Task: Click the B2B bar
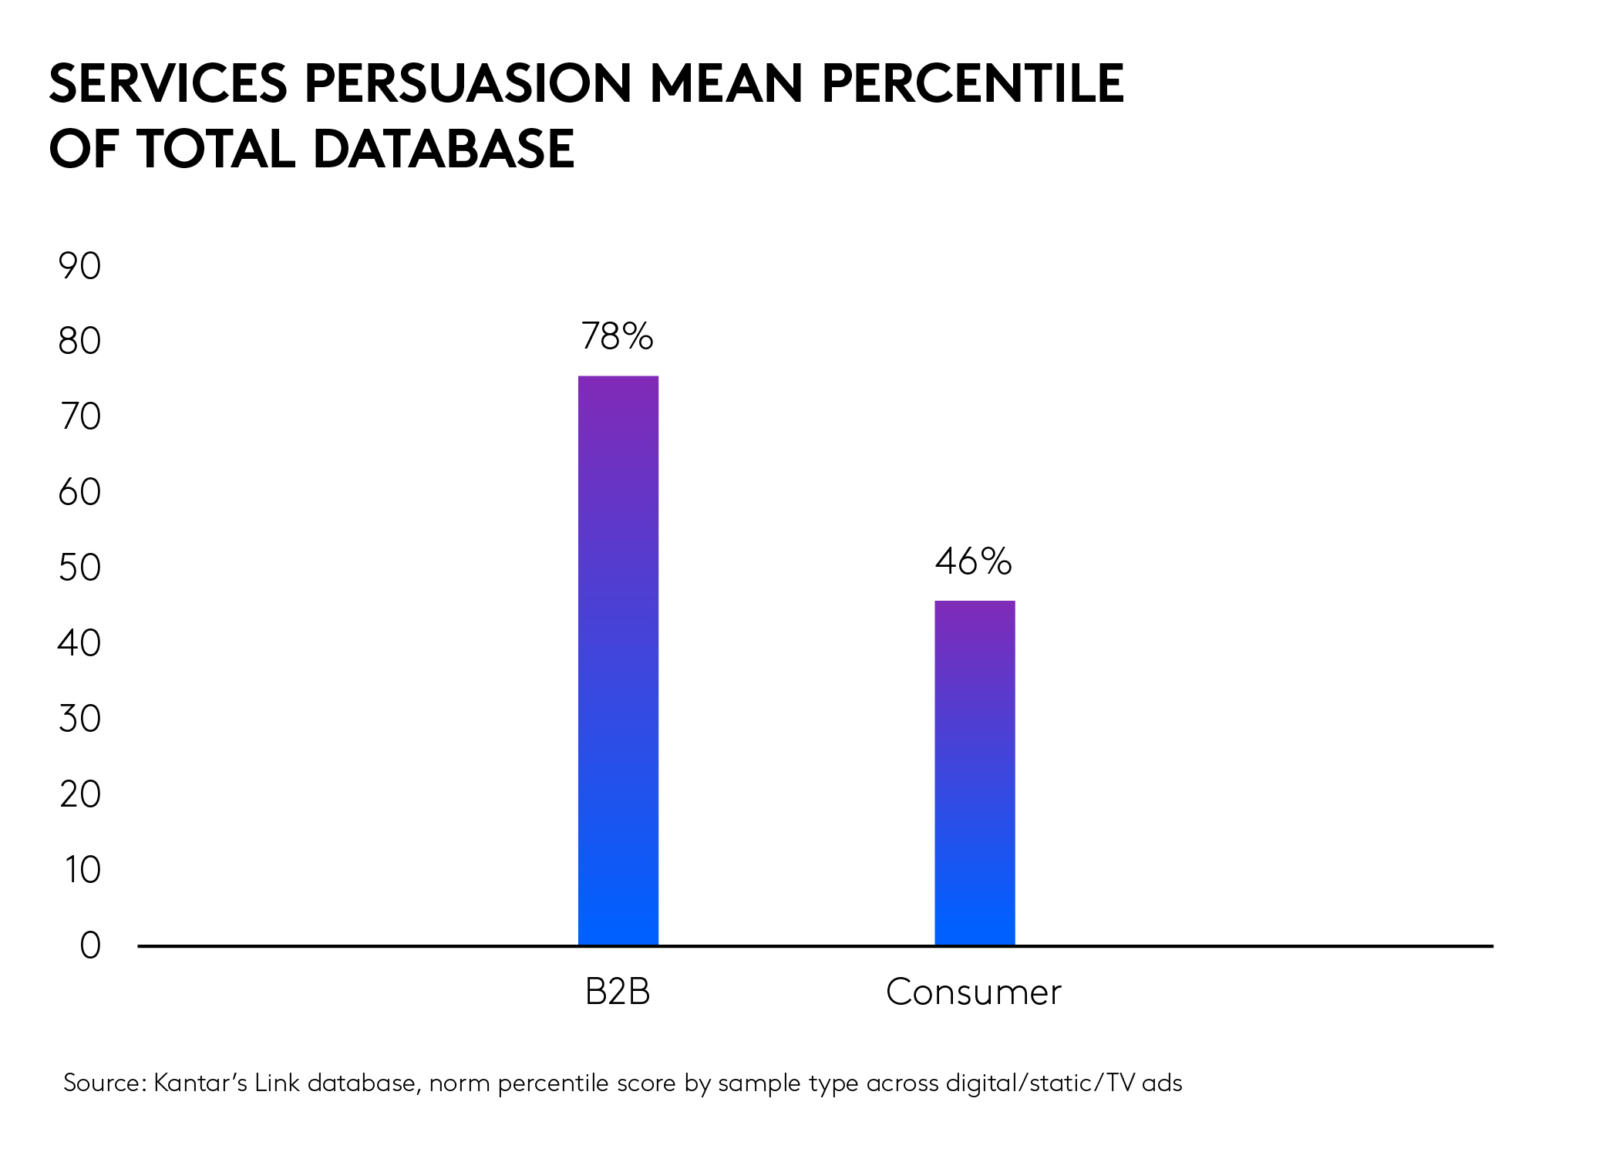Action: click(618, 660)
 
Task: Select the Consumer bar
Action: click(975, 773)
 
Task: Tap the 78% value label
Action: click(617, 336)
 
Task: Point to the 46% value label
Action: click(973, 561)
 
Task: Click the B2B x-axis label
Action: click(618, 992)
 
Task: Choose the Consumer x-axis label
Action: click(973, 992)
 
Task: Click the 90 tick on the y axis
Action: click(79, 267)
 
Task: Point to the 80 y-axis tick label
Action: click(79, 342)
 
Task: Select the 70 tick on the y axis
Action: click(80, 417)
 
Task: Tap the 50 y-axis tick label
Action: click(79, 568)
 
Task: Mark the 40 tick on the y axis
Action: click(79, 643)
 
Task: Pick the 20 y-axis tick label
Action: click(80, 794)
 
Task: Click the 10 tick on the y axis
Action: click(82, 870)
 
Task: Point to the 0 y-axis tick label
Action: click(90, 945)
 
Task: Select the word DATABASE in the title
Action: click(443, 149)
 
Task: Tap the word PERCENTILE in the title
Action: click(973, 83)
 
